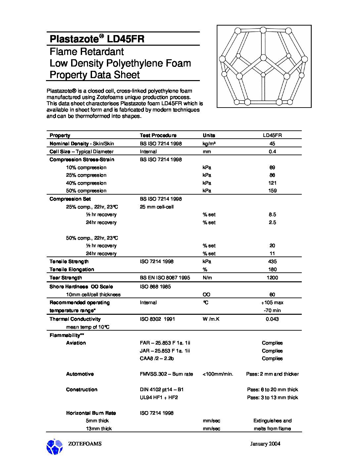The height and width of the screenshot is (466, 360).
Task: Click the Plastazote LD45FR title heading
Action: [97, 39]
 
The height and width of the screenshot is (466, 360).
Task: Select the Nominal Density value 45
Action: [272, 144]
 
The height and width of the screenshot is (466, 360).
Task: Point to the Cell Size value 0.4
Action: [272, 152]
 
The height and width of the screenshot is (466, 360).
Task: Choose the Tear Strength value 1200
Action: [272, 278]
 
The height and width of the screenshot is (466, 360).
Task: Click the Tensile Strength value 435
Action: [272, 261]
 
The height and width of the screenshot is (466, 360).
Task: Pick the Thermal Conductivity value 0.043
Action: [272, 319]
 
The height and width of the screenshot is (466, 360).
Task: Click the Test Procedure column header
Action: [158, 135]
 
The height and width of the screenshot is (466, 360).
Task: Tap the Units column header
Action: [209, 135]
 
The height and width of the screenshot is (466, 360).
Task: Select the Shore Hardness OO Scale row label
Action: [81, 287]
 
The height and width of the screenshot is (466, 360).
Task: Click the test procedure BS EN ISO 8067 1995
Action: [165, 278]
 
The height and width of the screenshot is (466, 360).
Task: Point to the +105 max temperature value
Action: [272, 303]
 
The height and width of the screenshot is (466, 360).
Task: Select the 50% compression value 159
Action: [272, 191]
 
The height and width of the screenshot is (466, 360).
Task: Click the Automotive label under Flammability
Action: [80, 374]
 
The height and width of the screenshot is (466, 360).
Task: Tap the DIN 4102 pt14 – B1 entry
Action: [161, 390]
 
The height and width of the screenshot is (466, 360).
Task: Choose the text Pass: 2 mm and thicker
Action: [272, 374]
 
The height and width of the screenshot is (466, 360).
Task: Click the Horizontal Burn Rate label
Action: [91, 413]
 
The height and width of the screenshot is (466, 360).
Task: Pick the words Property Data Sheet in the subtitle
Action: [95, 75]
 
